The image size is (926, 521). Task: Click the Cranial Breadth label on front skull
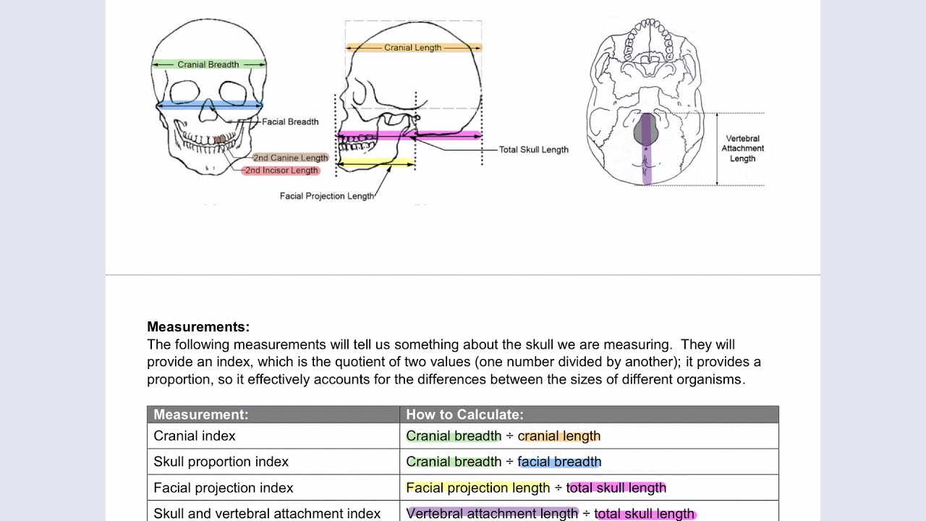point(208,64)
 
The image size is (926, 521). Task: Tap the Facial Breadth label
point(290,122)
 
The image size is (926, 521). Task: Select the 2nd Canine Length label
point(290,158)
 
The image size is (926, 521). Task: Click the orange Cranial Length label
point(412,48)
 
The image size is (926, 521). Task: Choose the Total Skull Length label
point(533,150)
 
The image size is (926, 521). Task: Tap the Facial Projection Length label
point(327,196)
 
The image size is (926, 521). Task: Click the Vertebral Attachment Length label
point(742,148)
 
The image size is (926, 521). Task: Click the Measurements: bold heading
point(198,327)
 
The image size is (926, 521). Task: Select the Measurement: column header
point(201,415)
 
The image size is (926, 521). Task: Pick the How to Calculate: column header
point(464,415)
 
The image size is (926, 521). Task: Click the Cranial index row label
point(195,436)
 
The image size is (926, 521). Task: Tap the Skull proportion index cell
point(221,462)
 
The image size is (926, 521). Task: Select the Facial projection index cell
point(224,488)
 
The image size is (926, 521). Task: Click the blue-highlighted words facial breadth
point(559,462)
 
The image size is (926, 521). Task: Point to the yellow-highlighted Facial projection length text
point(477,488)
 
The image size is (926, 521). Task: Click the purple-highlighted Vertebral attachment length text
point(492,514)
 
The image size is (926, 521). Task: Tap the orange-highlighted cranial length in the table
point(559,436)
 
